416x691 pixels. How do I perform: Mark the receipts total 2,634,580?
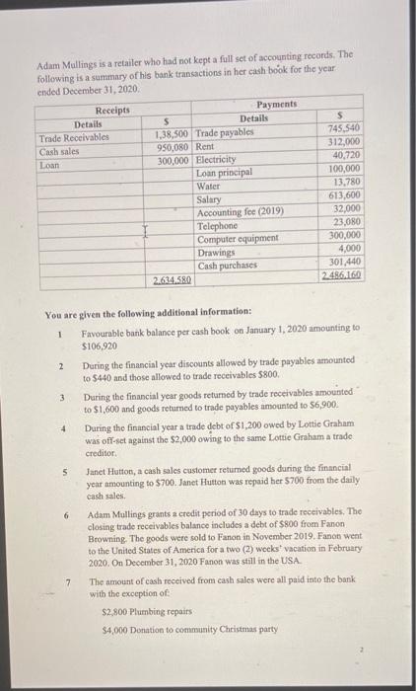pyautogui.click(x=173, y=281)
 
